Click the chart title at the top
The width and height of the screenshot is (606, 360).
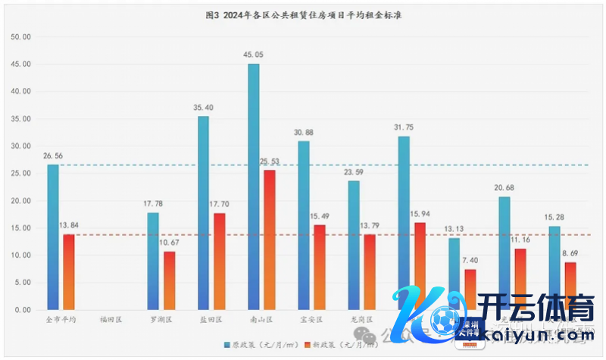pyautogui.click(x=303, y=15)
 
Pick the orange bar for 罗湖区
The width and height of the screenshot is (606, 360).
pyautogui.click(x=170, y=280)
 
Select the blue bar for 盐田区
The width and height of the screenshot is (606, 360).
pyautogui.click(x=203, y=213)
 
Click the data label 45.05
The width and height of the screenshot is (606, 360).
pyautogui.click(x=254, y=55)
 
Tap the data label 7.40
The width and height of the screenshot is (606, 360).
pyautogui.click(x=470, y=260)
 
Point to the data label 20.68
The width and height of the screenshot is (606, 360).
pyautogui.click(x=504, y=188)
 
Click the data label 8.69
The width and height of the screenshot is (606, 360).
pyautogui.click(x=570, y=253)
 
